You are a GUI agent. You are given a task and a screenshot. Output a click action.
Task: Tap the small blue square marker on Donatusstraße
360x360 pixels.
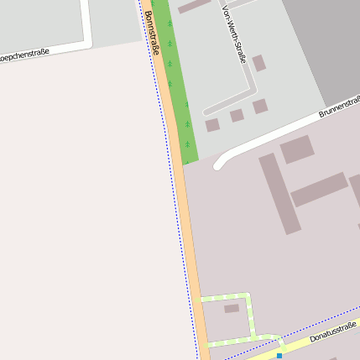[279, 356]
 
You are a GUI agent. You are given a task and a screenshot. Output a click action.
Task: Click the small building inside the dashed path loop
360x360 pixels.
[232, 309]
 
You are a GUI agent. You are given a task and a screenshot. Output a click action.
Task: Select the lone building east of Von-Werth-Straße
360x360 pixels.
[259, 63]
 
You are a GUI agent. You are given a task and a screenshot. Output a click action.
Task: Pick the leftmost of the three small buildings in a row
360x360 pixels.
[212, 125]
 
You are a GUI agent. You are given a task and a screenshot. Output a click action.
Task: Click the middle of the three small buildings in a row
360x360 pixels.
[237, 116]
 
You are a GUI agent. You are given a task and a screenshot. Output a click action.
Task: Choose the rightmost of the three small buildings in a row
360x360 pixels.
[260, 107]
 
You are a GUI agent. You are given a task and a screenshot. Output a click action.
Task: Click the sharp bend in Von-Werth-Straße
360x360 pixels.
[251, 89]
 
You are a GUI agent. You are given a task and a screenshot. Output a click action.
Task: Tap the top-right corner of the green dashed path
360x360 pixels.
[249, 295]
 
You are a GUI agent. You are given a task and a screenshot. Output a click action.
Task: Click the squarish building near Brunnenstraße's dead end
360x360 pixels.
[296, 149]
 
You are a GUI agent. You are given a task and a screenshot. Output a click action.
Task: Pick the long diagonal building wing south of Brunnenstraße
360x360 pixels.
[280, 193]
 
